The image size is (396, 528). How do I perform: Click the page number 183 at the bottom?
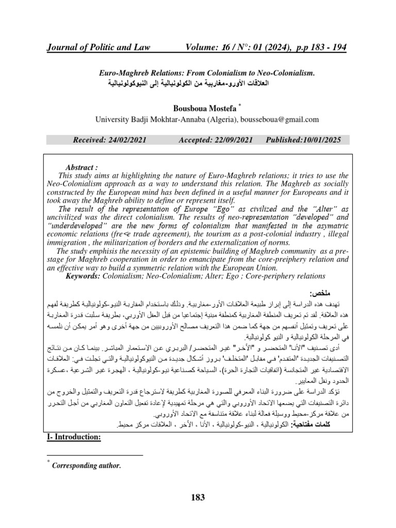[x=198, y=498]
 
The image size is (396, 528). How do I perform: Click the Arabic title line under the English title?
[x=197, y=83]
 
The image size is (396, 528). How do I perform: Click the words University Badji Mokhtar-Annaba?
[x=146, y=119]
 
